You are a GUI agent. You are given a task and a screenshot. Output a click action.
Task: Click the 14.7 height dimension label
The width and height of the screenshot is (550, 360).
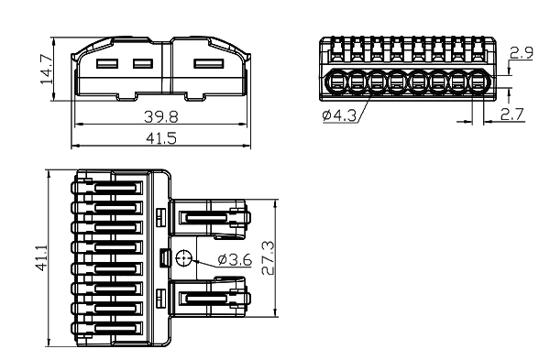[47, 69]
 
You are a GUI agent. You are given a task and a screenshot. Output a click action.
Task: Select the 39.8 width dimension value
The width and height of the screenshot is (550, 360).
[161, 116]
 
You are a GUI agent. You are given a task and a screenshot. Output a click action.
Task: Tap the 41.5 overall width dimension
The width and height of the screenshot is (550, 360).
[161, 138]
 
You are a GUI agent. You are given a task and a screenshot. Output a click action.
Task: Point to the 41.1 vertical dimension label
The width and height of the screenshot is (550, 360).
[42, 258]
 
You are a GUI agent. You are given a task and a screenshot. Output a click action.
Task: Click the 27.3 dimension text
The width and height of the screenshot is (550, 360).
[269, 257]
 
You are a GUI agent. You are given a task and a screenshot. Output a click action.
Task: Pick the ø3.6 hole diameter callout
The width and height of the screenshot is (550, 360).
[235, 260]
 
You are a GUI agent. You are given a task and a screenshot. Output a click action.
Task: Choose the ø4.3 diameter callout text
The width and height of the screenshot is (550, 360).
[339, 115]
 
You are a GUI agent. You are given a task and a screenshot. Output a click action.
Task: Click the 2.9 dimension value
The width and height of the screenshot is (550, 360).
[522, 53]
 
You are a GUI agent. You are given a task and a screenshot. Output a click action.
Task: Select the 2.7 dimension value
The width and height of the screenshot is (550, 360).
[512, 115]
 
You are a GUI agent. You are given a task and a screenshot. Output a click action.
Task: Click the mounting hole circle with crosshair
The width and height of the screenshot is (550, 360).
[183, 258]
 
